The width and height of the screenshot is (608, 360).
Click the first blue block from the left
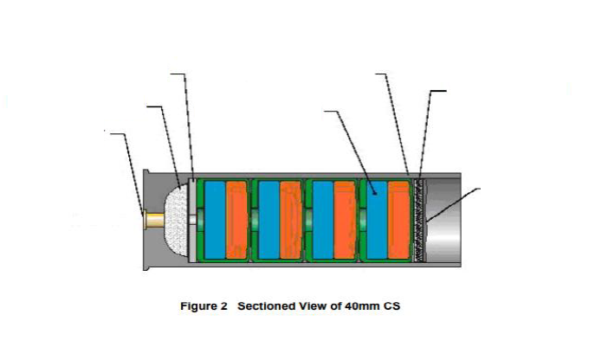pos(214,220)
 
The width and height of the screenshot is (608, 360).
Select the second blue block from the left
pos(269,220)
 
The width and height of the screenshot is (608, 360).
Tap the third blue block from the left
pos(322,220)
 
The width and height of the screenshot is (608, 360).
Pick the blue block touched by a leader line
pos(374,220)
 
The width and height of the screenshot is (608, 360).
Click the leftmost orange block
pos(237,220)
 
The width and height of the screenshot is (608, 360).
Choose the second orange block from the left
pos(292,220)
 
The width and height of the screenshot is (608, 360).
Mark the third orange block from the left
pos(344,220)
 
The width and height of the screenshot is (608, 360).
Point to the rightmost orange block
pos(398,220)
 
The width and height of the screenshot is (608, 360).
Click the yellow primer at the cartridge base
pos(154,221)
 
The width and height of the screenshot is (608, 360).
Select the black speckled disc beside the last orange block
pos(420,220)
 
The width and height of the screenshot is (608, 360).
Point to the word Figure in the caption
pos(200,306)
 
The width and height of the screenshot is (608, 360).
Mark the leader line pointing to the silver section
pos(455,205)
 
